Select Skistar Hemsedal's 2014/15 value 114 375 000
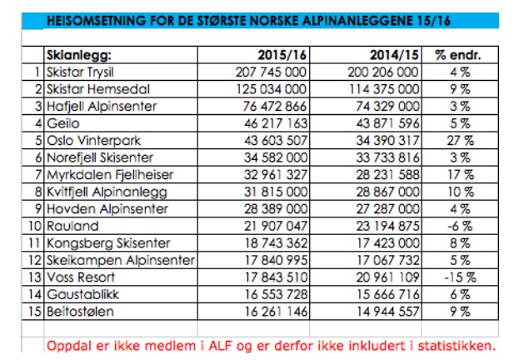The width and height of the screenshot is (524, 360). [381, 88]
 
